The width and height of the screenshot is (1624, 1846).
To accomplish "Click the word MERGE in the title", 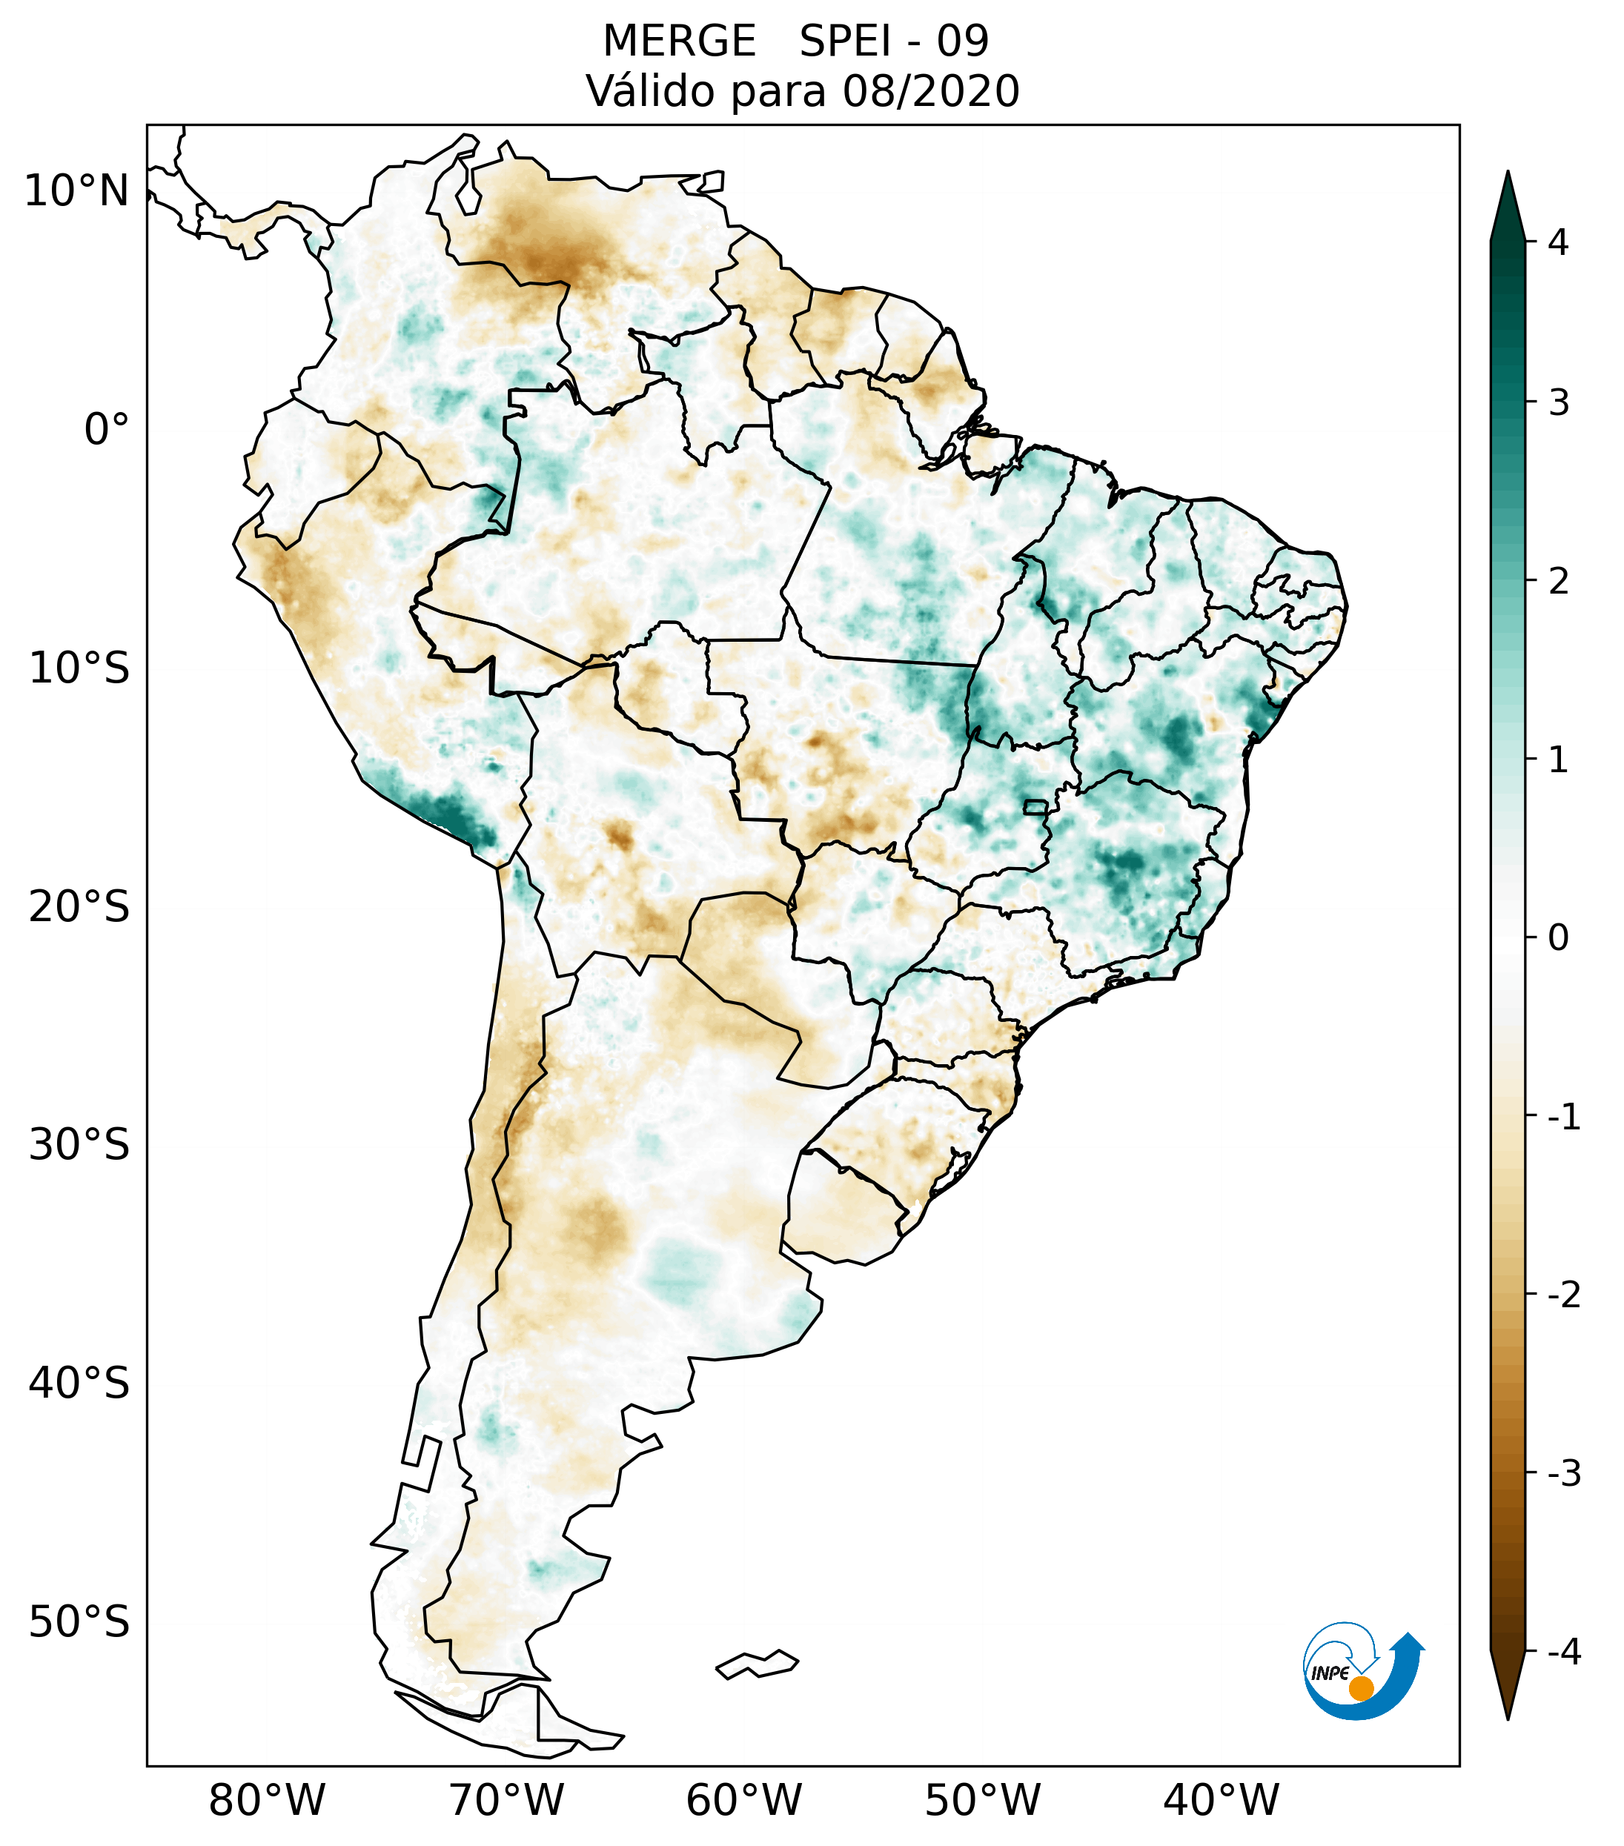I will (x=678, y=41).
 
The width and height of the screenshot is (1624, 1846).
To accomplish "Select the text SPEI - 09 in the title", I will (x=894, y=41).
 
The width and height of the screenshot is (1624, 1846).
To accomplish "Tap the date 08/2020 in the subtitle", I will (x=930, y=91).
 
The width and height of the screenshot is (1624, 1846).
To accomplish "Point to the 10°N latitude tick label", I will (x=76, y=191).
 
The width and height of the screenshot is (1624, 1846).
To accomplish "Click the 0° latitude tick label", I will (x=106, y=430).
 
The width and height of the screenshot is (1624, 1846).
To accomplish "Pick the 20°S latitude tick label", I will (x=79, y=907).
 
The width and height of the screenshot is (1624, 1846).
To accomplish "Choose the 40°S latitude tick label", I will (x=79, y=1384).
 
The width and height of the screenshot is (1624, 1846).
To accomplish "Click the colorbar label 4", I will (x=1558, y=242).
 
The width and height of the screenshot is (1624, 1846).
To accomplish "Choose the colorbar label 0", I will (x=1558, y=938).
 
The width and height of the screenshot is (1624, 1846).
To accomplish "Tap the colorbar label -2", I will (x=1563, y=1296).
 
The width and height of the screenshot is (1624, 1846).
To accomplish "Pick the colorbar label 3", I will (x=1558, y=403).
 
